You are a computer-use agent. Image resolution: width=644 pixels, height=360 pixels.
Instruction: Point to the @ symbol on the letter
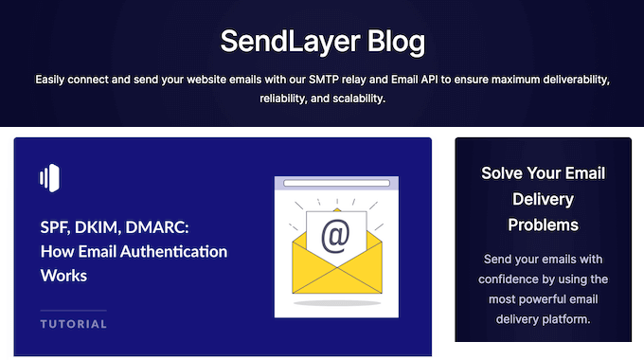coord(335,234)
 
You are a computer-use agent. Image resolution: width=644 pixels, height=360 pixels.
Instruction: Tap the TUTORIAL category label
coord(74,324)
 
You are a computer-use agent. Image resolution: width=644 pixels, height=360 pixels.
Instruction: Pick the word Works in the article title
coord(63,276)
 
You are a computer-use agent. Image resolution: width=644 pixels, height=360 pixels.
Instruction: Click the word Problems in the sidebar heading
coord(543,225)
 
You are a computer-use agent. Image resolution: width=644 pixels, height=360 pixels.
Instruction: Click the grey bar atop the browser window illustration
coord(336,183)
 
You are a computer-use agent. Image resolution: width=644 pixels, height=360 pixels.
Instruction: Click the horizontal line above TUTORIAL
coord(74,311)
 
